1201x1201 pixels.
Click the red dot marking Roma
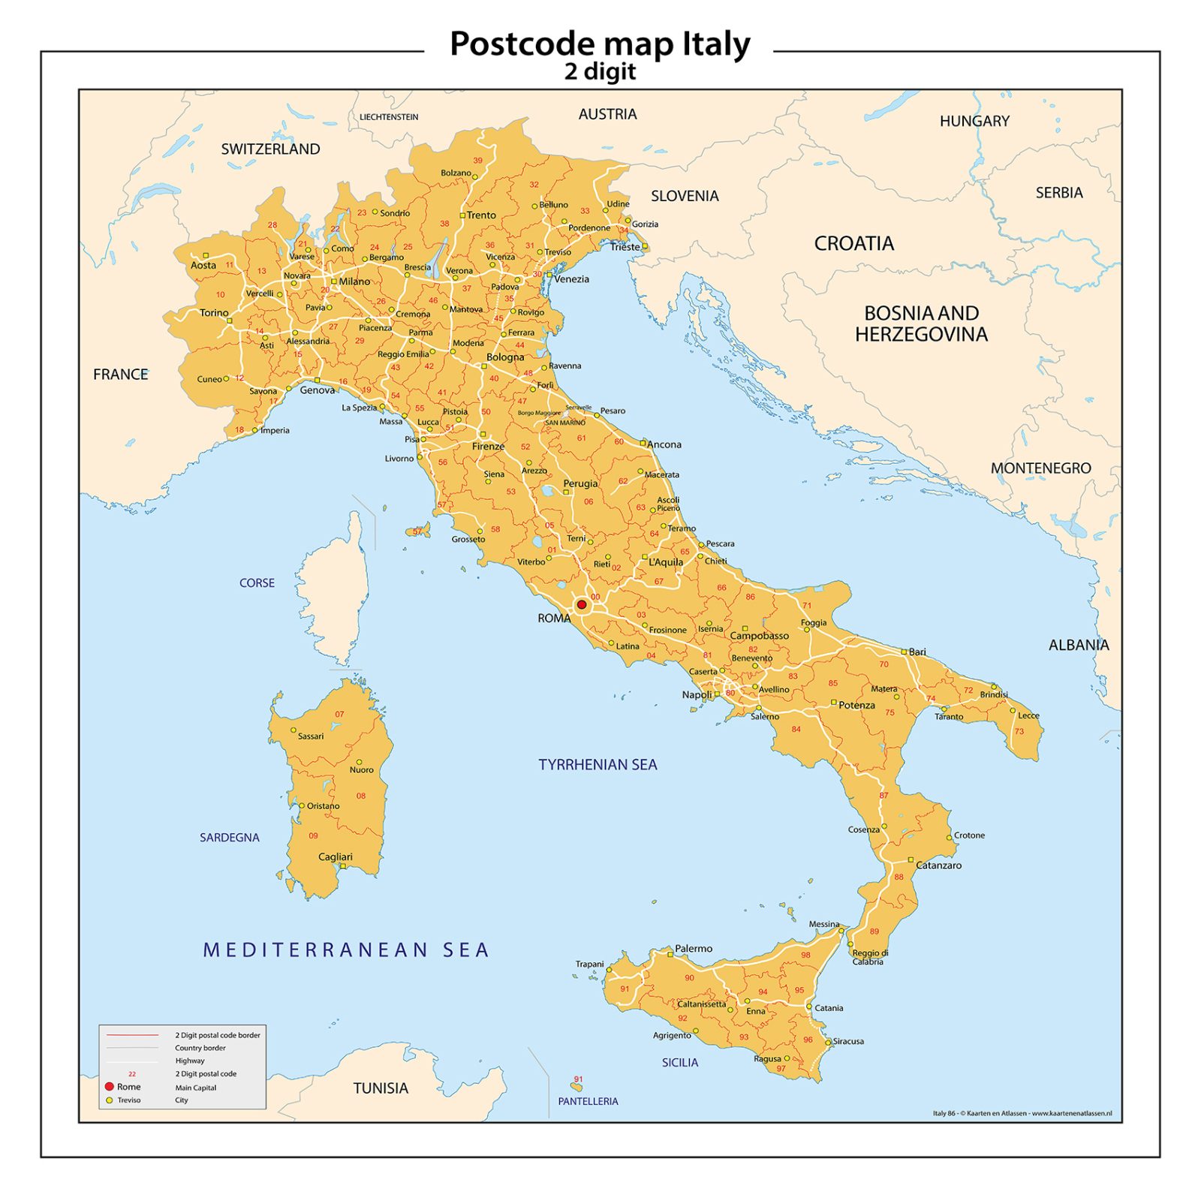point(581,604)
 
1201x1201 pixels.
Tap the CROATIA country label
point(853,243)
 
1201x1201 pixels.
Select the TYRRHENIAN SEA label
point(597,764)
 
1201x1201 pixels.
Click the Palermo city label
point(693,948)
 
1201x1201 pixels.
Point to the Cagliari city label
point(335,856)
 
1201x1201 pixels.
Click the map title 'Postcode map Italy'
point(599,44)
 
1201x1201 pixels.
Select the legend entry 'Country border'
point(200,1048)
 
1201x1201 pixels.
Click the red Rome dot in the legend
point(109,1086)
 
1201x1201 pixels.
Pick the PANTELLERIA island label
point(588,1101)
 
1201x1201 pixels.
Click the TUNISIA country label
point(381,1088)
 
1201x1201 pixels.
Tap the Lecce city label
point(1028,715)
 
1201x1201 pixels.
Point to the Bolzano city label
point(456,173)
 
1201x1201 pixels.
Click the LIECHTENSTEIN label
point(389,117)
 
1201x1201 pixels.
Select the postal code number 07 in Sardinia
point(339,714)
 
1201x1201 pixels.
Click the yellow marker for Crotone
point(949,837)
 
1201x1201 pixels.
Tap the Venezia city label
point(571,278)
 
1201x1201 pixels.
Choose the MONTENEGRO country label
point(1040,468)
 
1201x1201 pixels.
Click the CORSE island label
point(257,582)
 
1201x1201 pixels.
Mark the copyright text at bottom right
point(1022,1113)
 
